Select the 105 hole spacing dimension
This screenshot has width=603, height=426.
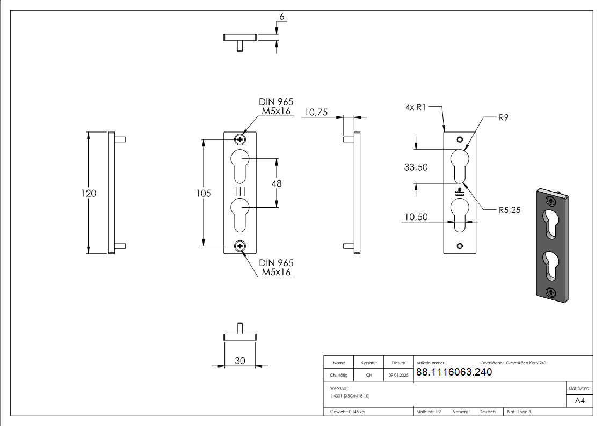point(204,193)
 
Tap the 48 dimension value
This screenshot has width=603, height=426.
point(277,183)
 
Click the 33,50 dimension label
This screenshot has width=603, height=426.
point(416,167)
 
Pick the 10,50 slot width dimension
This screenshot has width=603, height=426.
point(416,216)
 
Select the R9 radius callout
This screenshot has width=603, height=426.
point(503,118)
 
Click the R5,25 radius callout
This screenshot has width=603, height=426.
point(510,210)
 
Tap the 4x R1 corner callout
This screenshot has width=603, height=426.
point(416,107)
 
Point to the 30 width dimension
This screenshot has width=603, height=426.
point(239,361)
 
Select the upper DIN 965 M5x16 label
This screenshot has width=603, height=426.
point(276,107)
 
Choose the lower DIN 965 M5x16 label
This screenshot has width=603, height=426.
point(276,267)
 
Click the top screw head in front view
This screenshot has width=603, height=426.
point(239,140)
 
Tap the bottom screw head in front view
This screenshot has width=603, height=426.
point(239,246)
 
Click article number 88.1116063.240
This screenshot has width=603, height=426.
point(454,372)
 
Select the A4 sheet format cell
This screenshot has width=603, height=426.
point(579,401)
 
